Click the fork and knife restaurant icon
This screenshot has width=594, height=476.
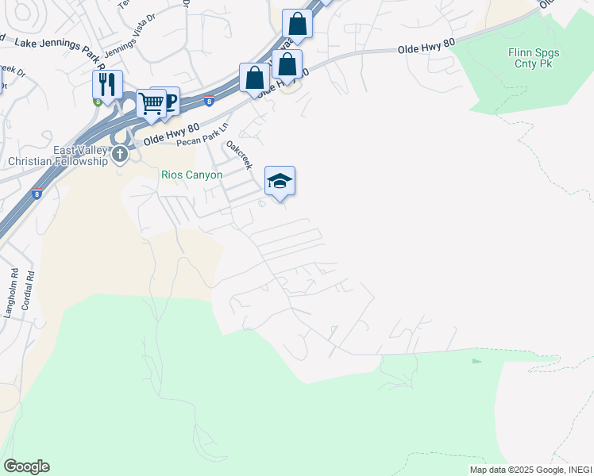(x=106, y=84)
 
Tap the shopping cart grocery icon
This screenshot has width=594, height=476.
(x=150, y=103)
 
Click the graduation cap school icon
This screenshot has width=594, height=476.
(x=280, y=181)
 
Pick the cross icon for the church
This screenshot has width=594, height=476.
(x=119, y=153)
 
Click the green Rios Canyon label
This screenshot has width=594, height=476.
(x=191, y=175)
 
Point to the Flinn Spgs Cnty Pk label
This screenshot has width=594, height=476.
(x=534, y=58)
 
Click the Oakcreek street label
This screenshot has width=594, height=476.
(x=239, y=155)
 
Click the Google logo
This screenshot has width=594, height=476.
(x=26, y=466)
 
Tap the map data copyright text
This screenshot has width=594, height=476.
(x=530, y=470)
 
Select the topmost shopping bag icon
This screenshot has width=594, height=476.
(x=297, y=24)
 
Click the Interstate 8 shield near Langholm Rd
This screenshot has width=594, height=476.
(x=37, y=193)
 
